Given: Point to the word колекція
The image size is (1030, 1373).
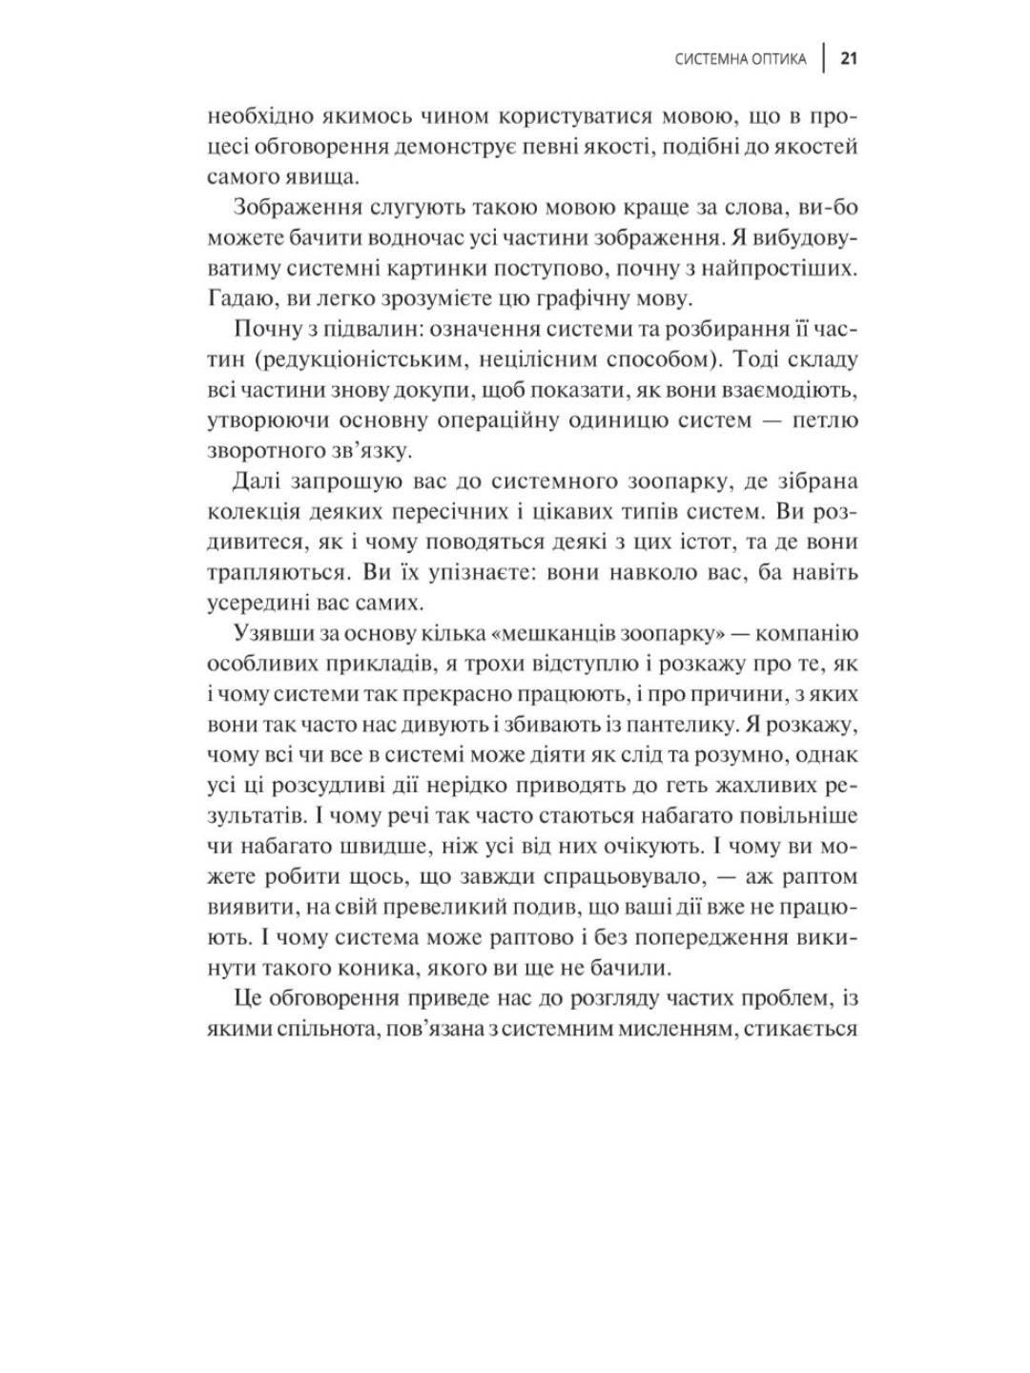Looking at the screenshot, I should [x=249, y=511].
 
